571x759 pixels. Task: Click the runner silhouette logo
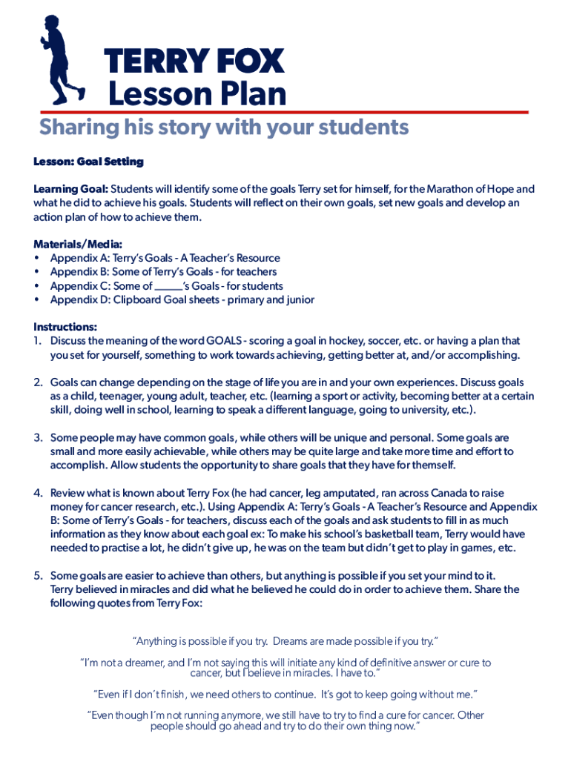(62, 59)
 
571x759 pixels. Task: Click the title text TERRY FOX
(194, 62)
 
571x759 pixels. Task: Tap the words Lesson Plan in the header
(197, 94)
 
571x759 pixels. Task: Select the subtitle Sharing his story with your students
(224, 127)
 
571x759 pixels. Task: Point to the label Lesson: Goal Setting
(88, 162)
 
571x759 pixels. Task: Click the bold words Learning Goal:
(70, 189)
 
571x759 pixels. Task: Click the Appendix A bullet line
(165, 258)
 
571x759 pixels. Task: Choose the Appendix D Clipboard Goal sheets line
(182, 299)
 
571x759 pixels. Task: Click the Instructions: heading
(65, 327)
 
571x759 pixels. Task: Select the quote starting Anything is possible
(285, 640)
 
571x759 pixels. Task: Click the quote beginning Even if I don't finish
(285, 694)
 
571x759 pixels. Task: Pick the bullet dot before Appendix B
(37, 272)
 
